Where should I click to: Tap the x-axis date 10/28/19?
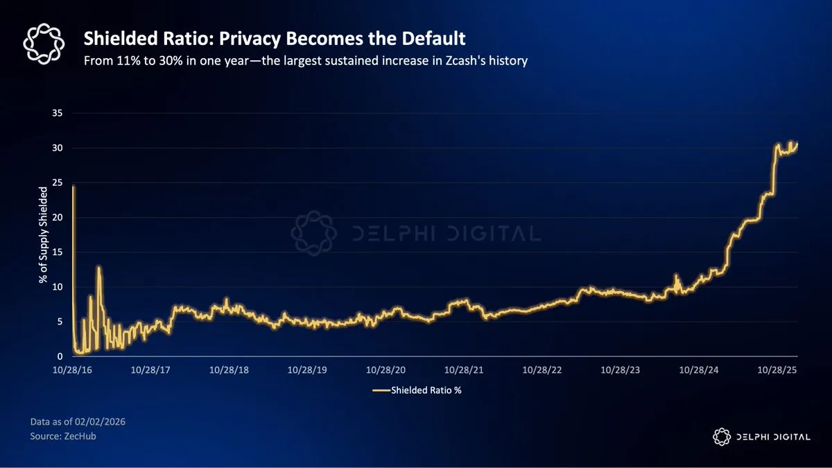tap(308, 371)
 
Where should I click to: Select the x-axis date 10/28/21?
tap(465, 371)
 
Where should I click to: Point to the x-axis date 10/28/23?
tap(621, 371)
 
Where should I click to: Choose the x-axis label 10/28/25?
tap(778, 371)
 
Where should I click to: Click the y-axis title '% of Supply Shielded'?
tap(43, 234)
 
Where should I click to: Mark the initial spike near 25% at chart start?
tap(73, 187)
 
